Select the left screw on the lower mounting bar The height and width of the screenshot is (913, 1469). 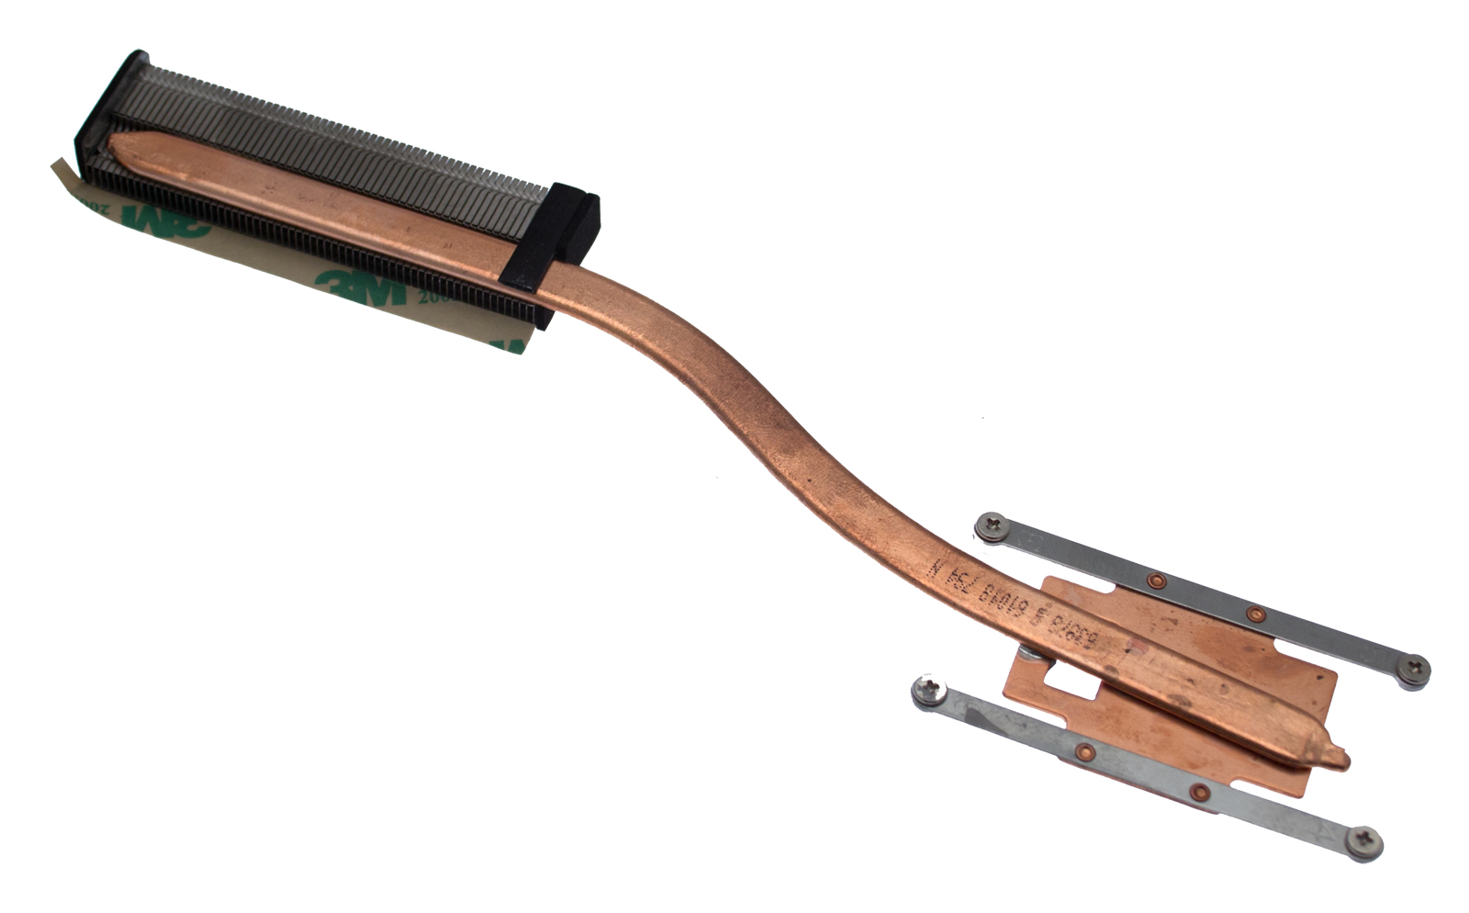pyautogui.click(x=926, y=690)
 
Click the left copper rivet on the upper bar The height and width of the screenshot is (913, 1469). pyautogui.click(x=1157, y=580)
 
